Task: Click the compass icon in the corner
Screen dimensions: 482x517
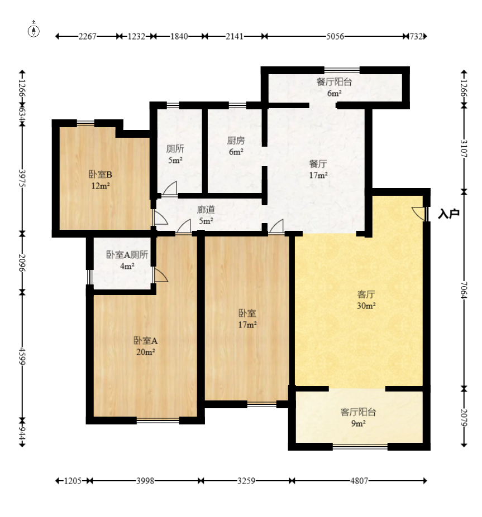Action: coord(34,30)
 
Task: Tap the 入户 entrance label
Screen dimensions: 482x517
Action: coord(448,214)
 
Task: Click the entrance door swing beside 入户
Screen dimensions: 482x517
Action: coord(419,214)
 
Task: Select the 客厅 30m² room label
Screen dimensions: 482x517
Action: coord(366,299)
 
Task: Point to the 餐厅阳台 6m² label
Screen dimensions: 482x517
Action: coord(334,87)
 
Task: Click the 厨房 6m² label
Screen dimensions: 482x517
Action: coord(236,146)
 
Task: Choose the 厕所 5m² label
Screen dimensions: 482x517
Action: coord(175,154)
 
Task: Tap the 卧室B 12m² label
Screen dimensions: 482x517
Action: coord(101,180)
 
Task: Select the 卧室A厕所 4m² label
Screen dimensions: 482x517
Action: coord(127,260)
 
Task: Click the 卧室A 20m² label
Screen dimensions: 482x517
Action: coord(146,346)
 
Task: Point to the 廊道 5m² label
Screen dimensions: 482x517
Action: coord(206,215)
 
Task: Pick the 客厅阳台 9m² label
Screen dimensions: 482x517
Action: coord(358,417)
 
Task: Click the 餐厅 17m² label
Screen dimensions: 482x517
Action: coord(318,169)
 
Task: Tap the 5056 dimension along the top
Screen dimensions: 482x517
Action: coord(335,36)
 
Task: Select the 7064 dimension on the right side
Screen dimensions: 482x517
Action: coord(464,290)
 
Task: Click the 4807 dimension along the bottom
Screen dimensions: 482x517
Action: coord(359,481)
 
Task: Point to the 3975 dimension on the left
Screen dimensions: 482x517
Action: coord(22,178)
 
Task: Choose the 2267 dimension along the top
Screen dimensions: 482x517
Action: coord(87,36)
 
